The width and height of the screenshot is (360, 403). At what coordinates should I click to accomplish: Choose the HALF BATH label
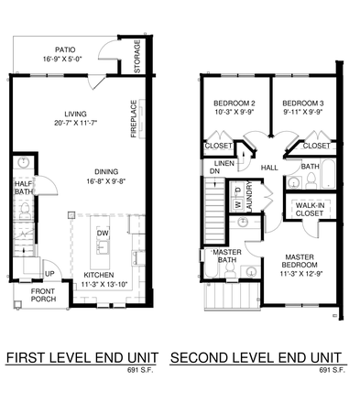(x=24, y=187)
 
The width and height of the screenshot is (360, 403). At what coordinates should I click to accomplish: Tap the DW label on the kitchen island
(x=104, y=234)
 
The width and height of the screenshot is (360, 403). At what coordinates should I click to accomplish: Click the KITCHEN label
(x=99, y=274)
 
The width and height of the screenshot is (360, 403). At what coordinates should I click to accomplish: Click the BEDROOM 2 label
(x=235, y=103)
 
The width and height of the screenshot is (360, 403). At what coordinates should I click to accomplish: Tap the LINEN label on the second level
(x=224, y=163)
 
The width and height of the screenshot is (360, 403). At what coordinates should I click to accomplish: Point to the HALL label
(x=269, y=168)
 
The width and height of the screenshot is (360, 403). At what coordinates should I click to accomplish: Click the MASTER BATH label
(x=227, y=256)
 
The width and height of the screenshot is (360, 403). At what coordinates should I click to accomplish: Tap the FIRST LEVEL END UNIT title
(x=82, y=356)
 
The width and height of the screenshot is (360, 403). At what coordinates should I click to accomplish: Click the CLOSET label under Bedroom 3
(x=316, y=145)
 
